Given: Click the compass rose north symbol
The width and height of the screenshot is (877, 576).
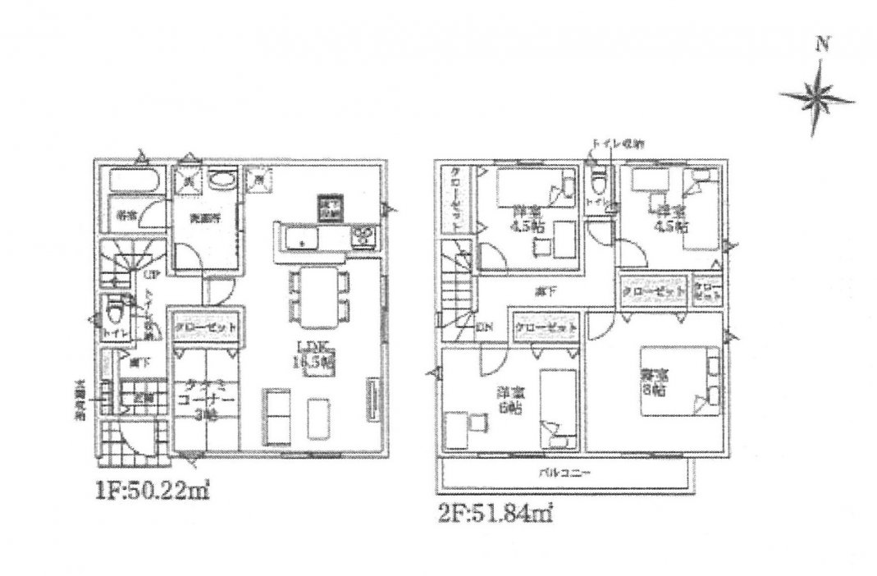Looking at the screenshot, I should click(817, 98).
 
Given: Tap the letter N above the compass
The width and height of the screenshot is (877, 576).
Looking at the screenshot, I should click(818, 48).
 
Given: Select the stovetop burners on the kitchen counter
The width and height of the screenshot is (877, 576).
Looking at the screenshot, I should click(363, 237).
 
